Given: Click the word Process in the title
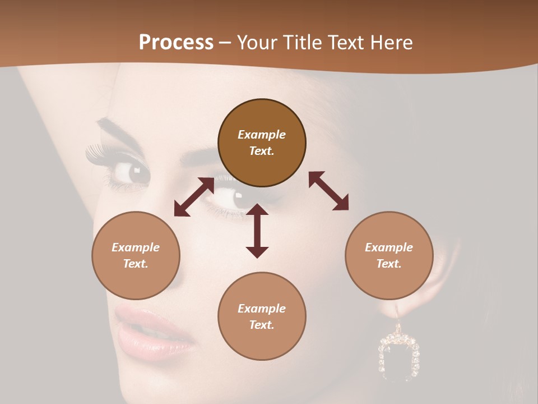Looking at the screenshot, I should (176, 43).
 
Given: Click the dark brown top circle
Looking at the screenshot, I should (262, 143).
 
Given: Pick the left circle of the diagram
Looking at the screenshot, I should (136, 255).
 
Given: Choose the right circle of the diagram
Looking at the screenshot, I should (389, 255).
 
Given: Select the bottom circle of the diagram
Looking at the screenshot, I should (262, 316).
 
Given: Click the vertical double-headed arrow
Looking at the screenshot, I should (257, 231).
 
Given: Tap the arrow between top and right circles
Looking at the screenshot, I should (329, 191).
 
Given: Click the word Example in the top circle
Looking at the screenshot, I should (262, 135).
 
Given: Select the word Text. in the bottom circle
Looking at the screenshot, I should (262, 325).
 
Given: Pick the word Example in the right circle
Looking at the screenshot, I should (389, 247).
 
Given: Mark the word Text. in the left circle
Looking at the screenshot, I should (136, 264).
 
